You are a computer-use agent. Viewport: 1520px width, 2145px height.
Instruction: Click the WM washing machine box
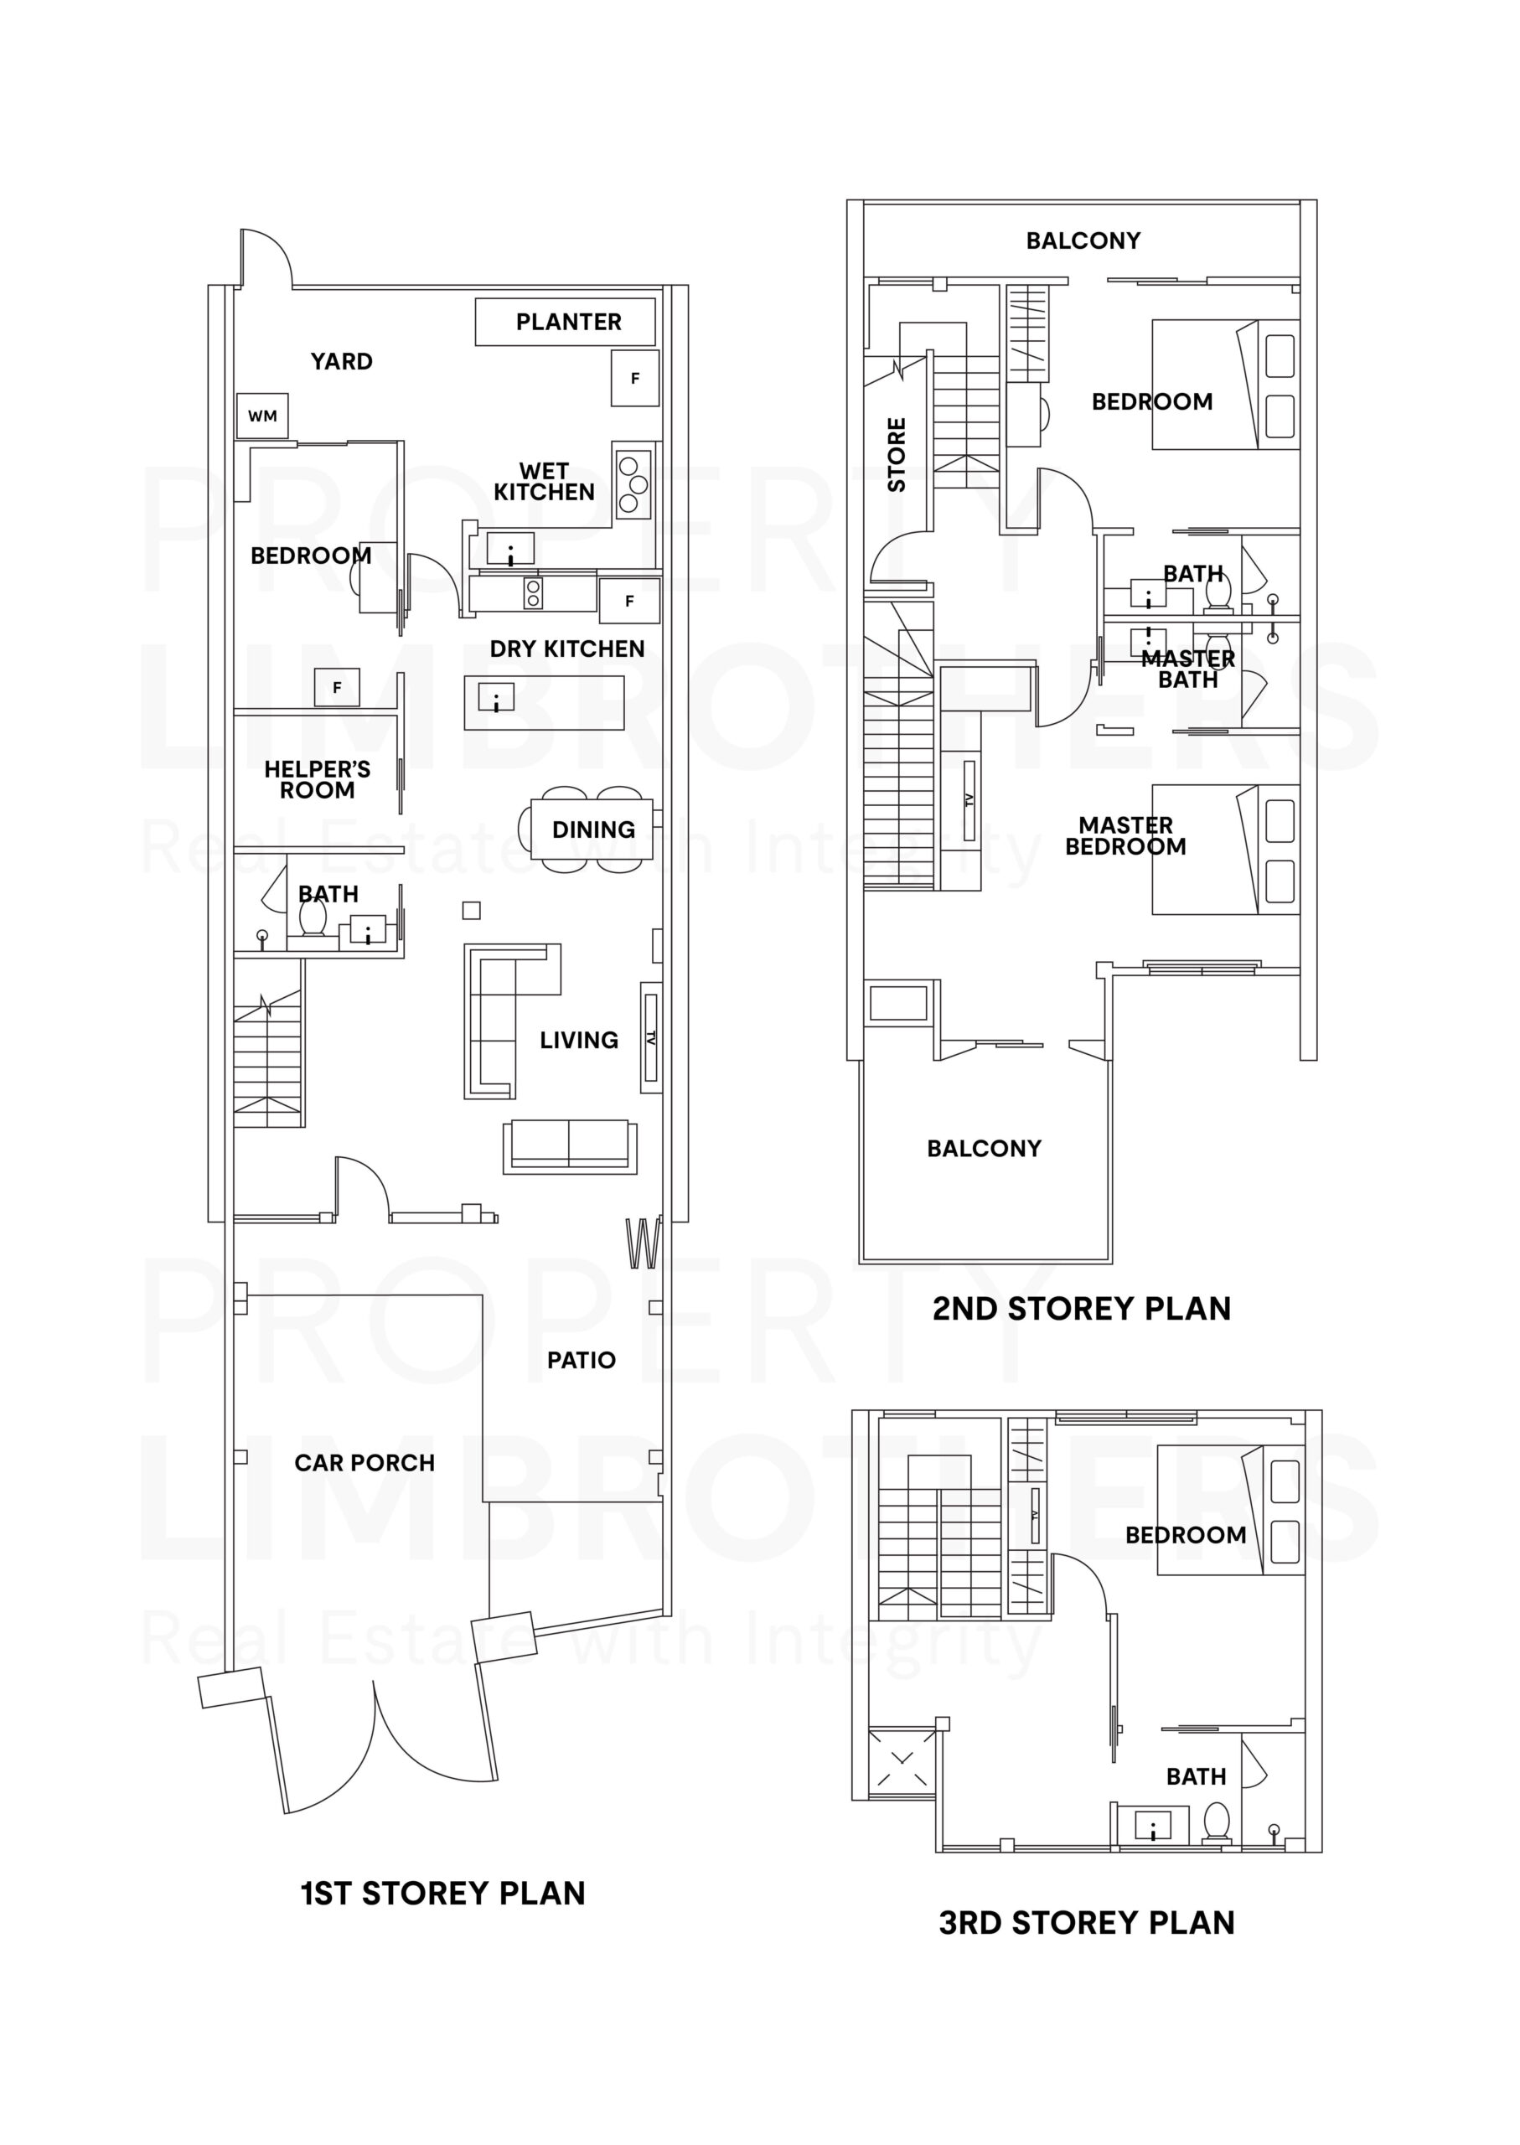coord(262,416)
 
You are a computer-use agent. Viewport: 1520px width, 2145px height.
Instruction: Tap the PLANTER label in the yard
coord(568,322)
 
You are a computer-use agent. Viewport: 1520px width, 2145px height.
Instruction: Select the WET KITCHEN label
coord(544,481)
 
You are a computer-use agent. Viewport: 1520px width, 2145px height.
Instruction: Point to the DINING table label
coord(593,830)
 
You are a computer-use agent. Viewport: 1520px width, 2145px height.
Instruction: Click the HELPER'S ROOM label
coord(318,779)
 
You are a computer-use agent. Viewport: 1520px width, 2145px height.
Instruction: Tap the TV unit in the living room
coord(650,1037)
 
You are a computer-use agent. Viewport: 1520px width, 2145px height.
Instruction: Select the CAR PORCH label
coord(364,1463)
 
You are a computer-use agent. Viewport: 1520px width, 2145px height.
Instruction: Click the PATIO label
coord(582,1360)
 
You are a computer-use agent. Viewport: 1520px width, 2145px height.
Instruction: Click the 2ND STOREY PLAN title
coord(1081,1308)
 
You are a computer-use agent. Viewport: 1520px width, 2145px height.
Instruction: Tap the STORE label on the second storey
coord(897,455)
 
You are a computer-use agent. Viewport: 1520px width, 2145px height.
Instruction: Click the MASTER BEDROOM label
coord(1125,835)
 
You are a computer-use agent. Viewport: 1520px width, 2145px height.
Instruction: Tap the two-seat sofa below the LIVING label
coord(569,1144)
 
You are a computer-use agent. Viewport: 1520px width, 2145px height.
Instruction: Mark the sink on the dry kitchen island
coord(496,697)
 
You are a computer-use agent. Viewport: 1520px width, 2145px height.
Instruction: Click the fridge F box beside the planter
coord(635,378)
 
